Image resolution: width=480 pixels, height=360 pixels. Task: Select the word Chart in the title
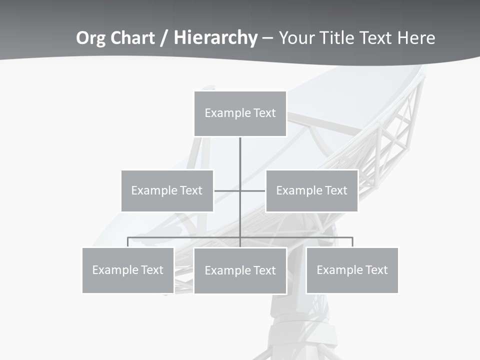132,38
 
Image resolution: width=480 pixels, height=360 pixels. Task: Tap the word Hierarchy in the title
215,38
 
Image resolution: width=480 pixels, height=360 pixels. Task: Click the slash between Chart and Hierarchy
164,38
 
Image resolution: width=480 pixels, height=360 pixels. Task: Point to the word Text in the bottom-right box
376,270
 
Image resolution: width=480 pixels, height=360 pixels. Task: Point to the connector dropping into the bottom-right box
352,242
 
